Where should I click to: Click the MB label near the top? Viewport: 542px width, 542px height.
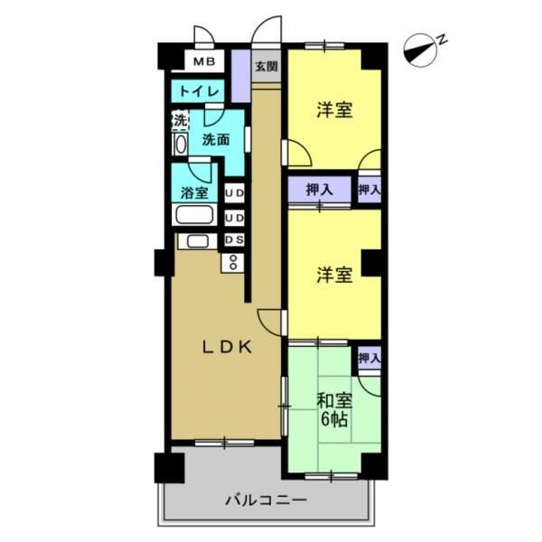pyautogui.click(x=204, y=61)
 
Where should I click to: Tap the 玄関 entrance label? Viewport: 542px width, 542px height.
pyautogui.click(x=265, y=67)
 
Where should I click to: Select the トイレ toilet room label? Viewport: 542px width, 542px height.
pyautogui.click(x=195, y=91)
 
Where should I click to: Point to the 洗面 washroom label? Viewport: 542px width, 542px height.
pyautogui.click(x=215, y=140)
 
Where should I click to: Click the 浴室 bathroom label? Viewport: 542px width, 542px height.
pyautogui.click(x=194, y=192)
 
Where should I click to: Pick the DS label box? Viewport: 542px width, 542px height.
pyautogui.click(x=234, y=239)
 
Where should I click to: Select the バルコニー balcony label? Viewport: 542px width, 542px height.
pyautogui.click(x=266, y=500)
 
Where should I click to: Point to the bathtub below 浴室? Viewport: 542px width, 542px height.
pyautogui.click(x=193, y=216)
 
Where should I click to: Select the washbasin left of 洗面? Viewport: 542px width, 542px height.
pyautogui.click(x=180, y=144)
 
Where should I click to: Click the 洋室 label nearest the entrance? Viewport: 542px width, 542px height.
pyautogui.click(x=333, y=110)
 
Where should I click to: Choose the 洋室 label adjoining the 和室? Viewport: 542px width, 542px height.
pyautogui.click(x=333, y=276)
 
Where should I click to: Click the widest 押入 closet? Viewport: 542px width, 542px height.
pyautogui.click(x=320, y=191)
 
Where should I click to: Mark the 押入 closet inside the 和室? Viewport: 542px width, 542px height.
pyautogui.click(x=369, y=359)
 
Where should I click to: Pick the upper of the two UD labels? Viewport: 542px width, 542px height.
pyautogui.click(x=234, y=193)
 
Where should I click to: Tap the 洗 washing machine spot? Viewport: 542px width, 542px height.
pyautogui.click(x=180, y=118)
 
